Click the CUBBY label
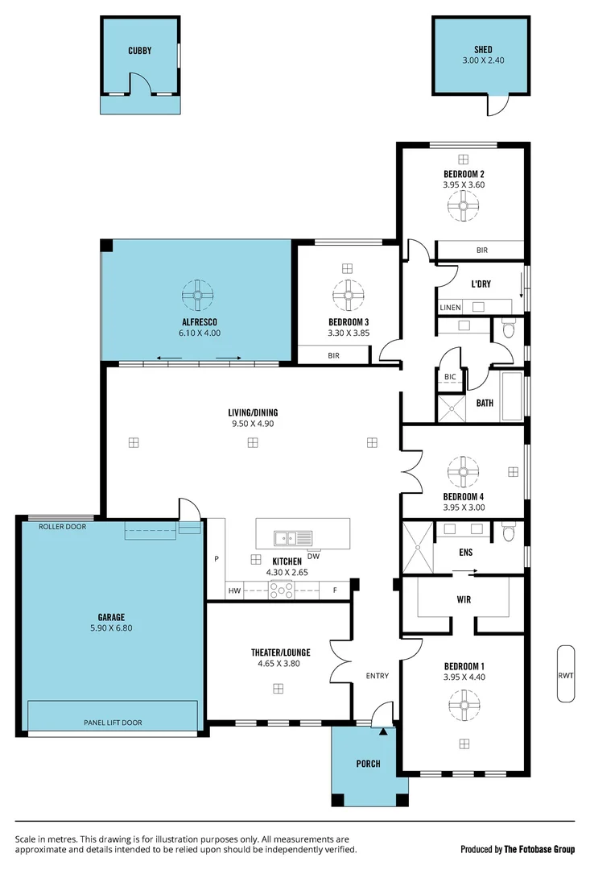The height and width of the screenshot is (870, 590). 139,51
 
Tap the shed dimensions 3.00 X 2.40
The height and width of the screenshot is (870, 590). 482,60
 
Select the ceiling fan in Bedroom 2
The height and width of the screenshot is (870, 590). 464,207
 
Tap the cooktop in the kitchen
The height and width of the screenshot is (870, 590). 283,590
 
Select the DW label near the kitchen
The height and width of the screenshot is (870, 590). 314,556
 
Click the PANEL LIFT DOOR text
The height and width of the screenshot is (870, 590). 113,723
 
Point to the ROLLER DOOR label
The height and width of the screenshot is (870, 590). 63,526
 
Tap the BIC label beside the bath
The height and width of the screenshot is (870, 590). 449,377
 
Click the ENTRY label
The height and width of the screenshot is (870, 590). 378,676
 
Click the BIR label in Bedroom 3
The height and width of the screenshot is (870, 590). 332,355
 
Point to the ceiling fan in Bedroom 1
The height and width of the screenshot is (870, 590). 464,706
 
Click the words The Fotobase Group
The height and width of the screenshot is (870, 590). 540,849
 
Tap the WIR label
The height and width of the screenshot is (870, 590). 464,599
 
